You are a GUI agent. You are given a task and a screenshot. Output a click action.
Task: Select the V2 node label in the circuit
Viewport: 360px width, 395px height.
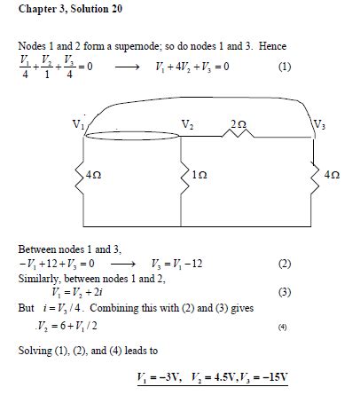[x=186, y=124]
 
